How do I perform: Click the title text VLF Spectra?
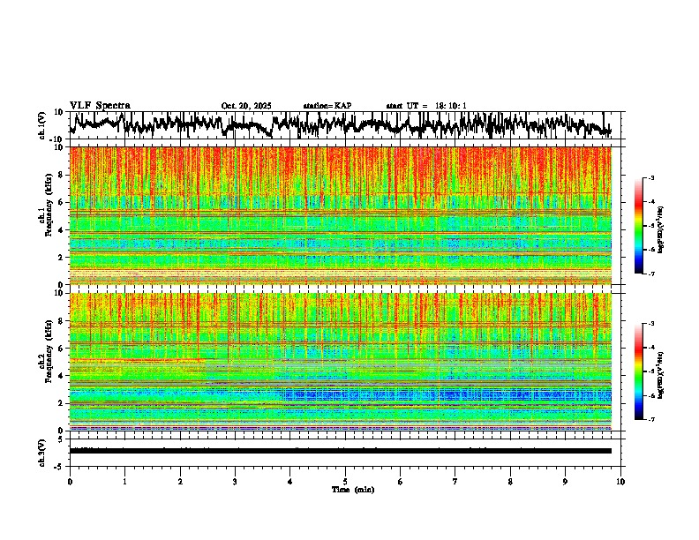[100, 105]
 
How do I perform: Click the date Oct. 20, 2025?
[246, 106]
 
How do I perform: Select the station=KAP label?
[327, 106]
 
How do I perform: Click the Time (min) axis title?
[352, 489]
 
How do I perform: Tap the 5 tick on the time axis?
[345, 481]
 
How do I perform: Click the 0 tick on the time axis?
[70, 481]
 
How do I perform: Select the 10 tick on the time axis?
[620, 481]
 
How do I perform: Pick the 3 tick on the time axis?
[235, 481]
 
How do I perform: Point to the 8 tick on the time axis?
[510, 481]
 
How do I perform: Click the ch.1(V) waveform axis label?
[43, 125]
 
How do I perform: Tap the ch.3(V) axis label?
[43, 451]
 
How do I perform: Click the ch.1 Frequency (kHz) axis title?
[43, 216]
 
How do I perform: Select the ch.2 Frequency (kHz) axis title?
[43, 362]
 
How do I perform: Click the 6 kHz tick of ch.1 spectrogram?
[63, 202]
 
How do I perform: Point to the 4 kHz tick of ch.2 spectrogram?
[63, 376]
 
